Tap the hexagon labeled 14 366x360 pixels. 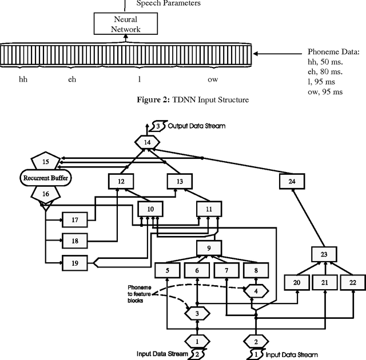[x=148, y=142]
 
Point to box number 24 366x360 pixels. [x=292, y=181]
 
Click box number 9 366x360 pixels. [x=209, y=248]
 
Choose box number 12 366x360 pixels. [x=121, y=181]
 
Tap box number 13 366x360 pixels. [x=180, y=181]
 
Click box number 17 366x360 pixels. [x=73, y=219]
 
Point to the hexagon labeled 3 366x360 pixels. [x=197, y=313]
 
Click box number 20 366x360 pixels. [x=296, y=282]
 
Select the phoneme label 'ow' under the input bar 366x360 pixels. [x=212, y=79]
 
